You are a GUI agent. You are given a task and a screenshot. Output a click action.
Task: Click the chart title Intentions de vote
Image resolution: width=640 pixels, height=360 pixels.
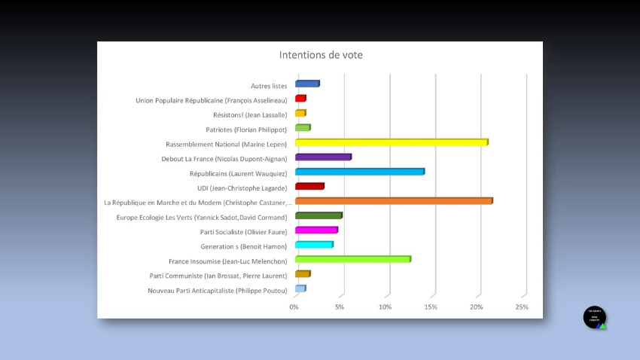[321, 55]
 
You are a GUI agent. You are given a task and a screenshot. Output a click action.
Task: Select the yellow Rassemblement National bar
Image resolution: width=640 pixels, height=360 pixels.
[392, 142]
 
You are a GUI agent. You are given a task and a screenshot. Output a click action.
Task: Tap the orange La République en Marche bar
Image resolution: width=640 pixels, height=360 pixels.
[394, 201]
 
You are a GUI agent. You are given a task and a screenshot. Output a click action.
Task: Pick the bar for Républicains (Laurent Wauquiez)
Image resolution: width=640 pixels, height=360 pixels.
[360, 172]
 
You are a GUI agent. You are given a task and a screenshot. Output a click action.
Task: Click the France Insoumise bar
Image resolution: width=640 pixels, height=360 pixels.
[353, 260]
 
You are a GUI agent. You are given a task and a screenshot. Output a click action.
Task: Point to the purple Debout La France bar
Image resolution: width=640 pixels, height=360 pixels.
[323, 157]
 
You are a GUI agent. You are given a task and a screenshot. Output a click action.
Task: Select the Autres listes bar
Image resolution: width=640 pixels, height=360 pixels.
[307, 84]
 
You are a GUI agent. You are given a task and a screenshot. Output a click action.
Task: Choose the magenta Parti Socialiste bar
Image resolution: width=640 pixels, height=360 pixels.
[316, 230]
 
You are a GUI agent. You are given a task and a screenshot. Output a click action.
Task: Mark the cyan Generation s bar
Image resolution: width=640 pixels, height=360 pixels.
[314, 245]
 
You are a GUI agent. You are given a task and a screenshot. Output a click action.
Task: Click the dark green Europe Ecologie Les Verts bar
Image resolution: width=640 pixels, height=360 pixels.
[318, 216]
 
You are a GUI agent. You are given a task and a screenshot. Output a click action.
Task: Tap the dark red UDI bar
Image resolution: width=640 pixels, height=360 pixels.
[309, 187]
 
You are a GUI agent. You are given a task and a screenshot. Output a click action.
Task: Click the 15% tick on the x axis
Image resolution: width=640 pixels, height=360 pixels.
[431, 307]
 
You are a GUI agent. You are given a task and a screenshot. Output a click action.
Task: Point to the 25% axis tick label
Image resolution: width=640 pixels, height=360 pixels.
[522, 307]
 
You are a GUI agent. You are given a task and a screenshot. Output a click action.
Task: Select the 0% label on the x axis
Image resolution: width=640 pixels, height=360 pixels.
[294, 307]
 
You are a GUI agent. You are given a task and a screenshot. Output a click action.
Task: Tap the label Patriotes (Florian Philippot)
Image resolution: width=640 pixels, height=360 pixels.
[246, 130]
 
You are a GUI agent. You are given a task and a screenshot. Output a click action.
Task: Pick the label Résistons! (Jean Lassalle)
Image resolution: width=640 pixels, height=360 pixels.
[250, 115]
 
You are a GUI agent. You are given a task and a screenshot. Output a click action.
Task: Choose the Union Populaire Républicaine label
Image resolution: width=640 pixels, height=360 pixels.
[211, 100]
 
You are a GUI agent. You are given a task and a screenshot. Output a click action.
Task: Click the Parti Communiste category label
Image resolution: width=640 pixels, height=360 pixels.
[218, 276]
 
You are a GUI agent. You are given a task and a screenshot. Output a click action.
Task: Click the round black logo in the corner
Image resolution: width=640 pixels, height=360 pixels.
[594, 317]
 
